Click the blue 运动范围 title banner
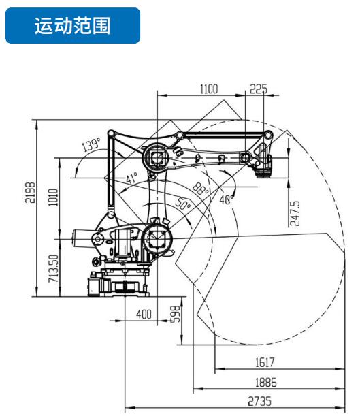click(x=73, y=25)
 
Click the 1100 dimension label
click(x=209, y=89)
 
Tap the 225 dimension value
click(x=259, y=89)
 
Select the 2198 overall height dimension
click(x=30, y=193)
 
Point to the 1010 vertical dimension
click(x=53, y=197)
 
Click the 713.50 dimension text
click(x=53, y=268)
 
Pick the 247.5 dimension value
click(x=295, y=213)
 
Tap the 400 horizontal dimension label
click(x=144, y=315)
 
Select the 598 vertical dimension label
click(x=176, y=314)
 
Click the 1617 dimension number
click(x=265, y=362)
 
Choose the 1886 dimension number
click(x=265, y=383)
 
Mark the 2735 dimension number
click(x=259, y=401)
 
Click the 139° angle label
click(x=91, y=144)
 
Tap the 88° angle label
click(x=201, y=189)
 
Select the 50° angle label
click(x=183, y=204)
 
